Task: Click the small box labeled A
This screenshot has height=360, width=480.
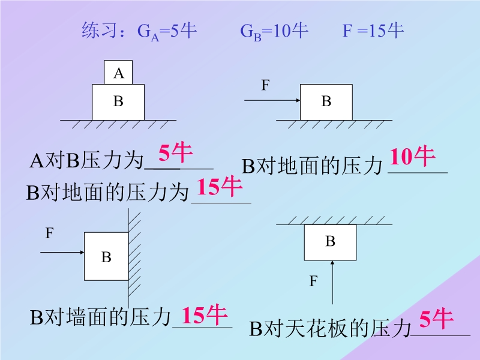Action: coord(118,72)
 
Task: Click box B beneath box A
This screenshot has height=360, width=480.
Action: coord(118,102)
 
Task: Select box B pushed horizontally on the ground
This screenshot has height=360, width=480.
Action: coord(326,102)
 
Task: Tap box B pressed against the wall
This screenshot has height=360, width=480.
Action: coord(106,256)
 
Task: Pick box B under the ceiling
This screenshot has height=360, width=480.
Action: coord(331,242)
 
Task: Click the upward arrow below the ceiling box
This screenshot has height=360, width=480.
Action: coord(332,282)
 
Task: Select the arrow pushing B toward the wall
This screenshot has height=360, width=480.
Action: coord(62,252)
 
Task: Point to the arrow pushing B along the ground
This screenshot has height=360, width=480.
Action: coord(272,100)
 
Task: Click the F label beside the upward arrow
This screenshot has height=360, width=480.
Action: coord(313,281)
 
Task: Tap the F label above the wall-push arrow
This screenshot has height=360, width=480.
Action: coord(50,233)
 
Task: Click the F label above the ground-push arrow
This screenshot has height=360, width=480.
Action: coord(265,85)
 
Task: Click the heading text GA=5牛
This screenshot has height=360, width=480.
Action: coord(167,31)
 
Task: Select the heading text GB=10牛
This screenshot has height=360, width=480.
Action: coord(274,31)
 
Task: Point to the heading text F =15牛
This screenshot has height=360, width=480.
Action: coord(373,31)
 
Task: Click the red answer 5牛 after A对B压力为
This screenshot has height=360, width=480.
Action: coord(175,152)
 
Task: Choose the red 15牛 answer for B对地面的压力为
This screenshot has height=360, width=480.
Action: coord(220,186)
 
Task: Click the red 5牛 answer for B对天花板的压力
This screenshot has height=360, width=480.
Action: coord(436,319)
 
